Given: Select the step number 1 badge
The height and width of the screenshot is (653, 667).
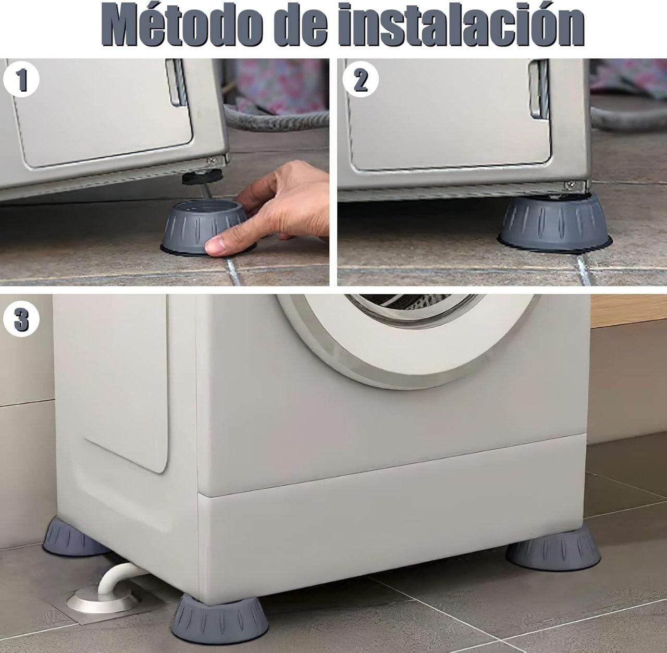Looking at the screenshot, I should (x=21, y=81).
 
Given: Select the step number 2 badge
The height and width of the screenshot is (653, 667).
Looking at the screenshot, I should (x=361, y=80).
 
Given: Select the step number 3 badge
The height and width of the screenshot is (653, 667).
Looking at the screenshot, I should (x=21, y=318).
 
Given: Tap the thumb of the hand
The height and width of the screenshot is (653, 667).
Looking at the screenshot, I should (x=224, y=245).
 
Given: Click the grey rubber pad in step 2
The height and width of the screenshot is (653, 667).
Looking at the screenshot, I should (x=555, y=221).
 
